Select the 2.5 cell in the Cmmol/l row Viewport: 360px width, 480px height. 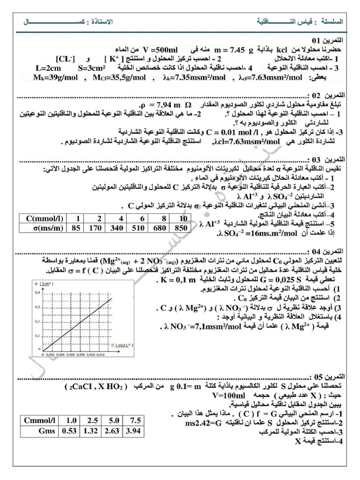(x=92, y=420)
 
